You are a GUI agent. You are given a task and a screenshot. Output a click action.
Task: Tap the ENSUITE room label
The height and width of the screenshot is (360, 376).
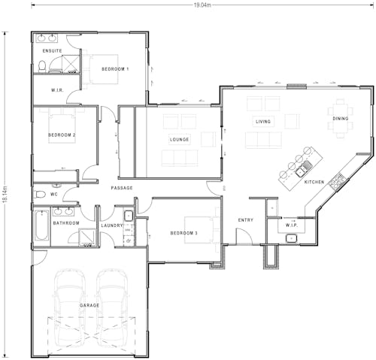click(x=52, y=51)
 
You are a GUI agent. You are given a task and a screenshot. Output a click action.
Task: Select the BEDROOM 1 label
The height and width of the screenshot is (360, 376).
click(x=115, y=69)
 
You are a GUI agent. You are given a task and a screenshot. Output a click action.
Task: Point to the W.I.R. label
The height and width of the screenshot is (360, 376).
click(x=56, y=90)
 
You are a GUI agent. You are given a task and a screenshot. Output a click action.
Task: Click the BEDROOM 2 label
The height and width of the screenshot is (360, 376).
click(x=62, y=135)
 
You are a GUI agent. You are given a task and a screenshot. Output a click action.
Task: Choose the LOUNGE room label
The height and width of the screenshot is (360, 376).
click(x=180, y=139)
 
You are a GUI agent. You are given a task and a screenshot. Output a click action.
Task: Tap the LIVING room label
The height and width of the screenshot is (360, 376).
click(x=263, y=121)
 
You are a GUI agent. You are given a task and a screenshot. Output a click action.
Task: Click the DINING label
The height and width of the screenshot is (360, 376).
click(x=341, y=118)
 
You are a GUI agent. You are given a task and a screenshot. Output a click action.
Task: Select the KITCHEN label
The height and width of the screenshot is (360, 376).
click(x=314, y=183)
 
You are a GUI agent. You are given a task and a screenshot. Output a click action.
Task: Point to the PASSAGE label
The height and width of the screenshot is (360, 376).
click(x=122, y=188)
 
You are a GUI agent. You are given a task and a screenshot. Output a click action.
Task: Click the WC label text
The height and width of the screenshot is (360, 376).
click(x=53, y=195)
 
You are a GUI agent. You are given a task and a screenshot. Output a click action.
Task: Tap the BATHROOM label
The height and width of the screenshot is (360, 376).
click(x=66, y=223)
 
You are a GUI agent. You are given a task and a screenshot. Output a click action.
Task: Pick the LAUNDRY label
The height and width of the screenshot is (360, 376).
click(x=111, y=225)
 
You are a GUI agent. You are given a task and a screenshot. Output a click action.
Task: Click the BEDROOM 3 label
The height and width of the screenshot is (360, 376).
click(x=183, y=233)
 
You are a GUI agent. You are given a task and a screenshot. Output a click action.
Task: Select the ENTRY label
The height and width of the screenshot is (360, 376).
click(x=245, y=220)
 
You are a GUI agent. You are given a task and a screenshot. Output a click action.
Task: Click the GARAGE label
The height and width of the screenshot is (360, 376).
click(x=89, y=306)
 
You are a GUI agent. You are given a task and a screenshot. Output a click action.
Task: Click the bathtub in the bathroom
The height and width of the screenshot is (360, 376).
click(x=41, y=225)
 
